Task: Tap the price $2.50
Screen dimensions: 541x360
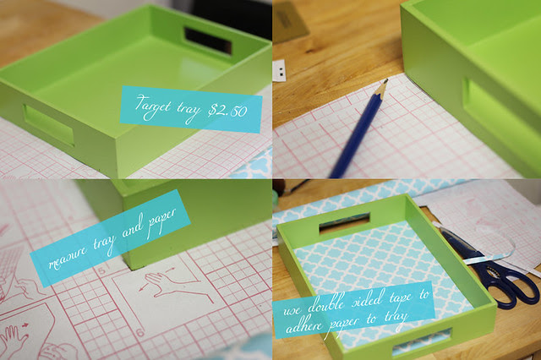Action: (227, 111)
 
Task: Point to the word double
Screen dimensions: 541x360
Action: (325, 303)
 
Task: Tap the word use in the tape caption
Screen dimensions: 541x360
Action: (292, 309)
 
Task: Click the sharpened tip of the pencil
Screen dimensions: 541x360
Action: (385, 80)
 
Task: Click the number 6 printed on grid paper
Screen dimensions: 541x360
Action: (140, 332)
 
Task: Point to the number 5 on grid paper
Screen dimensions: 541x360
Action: (101, 270)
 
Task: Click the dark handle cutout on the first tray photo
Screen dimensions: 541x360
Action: (208, 41)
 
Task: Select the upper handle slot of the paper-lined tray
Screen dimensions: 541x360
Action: (345, 222)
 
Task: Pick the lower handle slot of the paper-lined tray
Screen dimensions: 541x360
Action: (422, 342)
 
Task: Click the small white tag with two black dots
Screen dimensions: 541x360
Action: (280, 71)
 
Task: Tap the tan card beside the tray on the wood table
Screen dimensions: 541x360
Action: (289, 20)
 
